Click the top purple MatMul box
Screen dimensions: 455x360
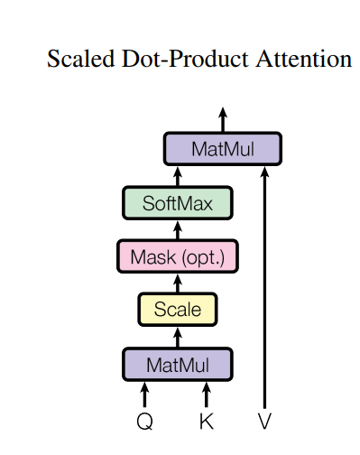[x=223, y=149]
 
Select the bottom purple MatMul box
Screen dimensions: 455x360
[x=177, y=365]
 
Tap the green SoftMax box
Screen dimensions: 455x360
[x=177, y=203]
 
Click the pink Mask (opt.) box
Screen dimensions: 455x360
[x=177, y=256]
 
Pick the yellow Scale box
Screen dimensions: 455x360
[x=177, y=310]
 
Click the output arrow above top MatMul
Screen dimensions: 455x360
[x=223, y=119]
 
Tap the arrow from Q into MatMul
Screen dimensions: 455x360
[x=144, y=394]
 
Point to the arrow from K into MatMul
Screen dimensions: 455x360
[x=207, y=394]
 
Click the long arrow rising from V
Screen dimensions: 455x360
[x=264, y=289]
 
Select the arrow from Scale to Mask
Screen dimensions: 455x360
[x=177, y=283]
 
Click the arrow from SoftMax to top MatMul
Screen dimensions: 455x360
[x=177, y=175]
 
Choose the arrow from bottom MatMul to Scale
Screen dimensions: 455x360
[x=177, y=337]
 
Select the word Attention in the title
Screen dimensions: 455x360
[x=303, y=60]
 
